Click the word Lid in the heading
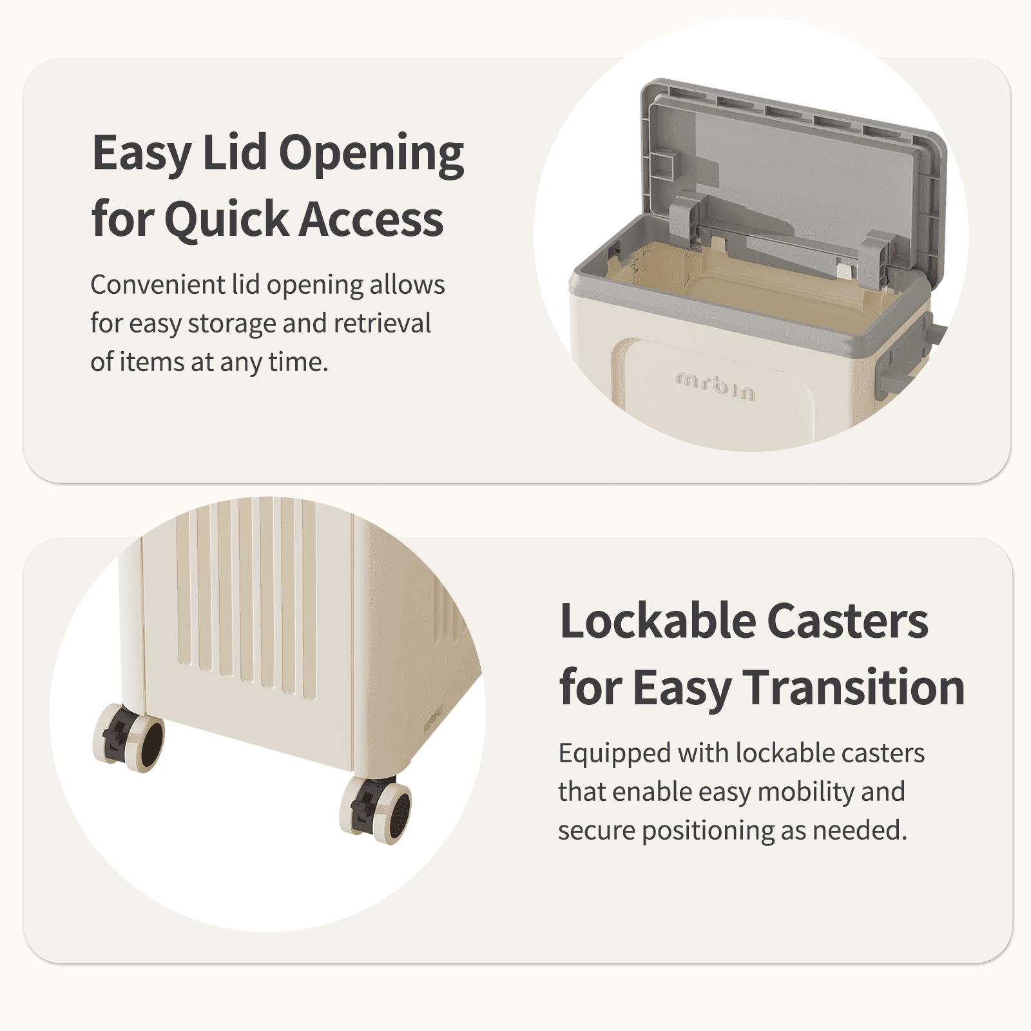point(235,153)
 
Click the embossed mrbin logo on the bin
point(715,385)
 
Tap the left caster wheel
point(128,738)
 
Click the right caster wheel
point(376,810)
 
